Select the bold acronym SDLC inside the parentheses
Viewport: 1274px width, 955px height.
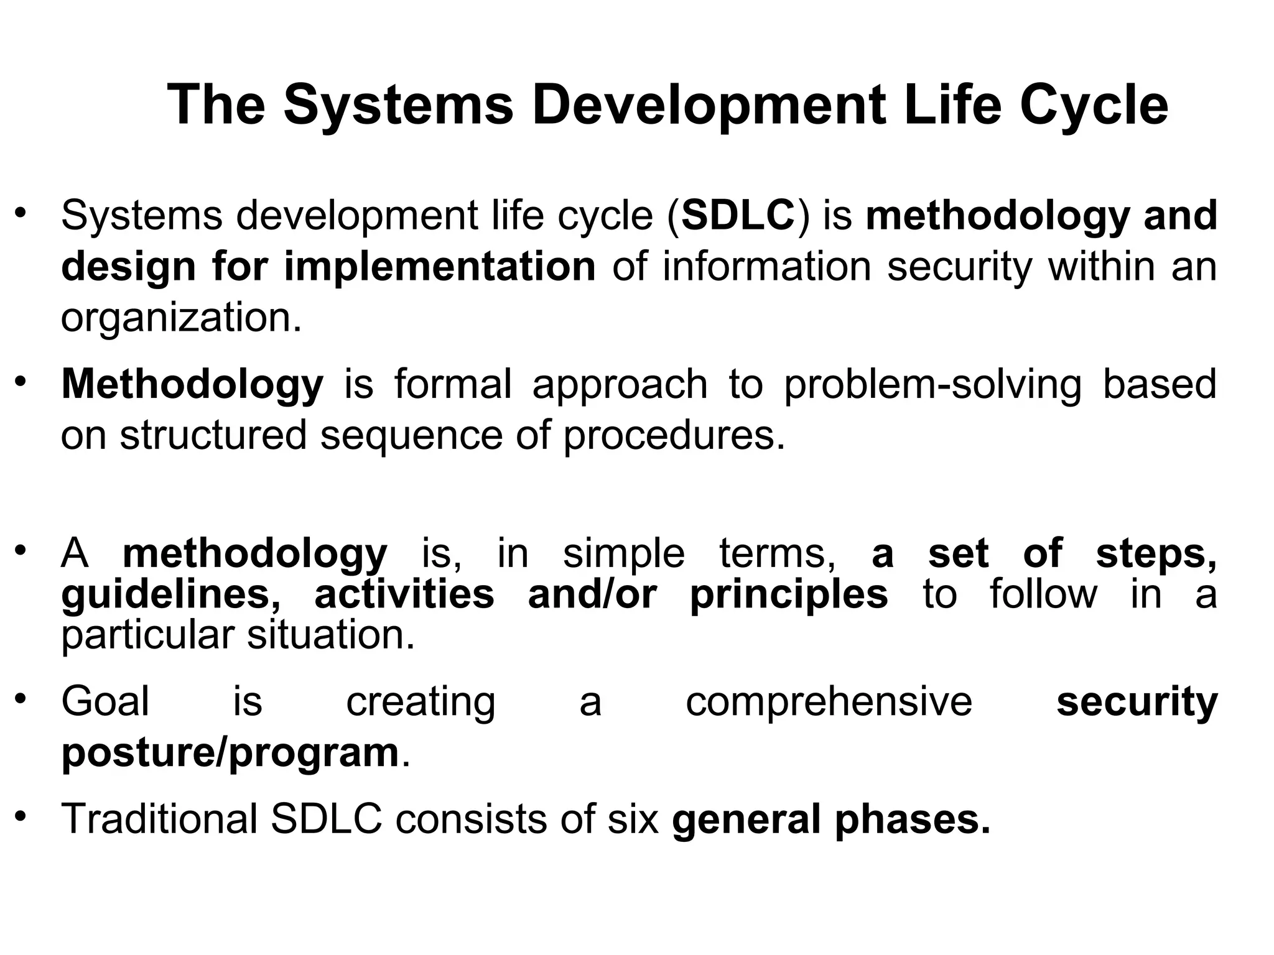pos(738,216)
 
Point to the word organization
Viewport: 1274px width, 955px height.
pos(180,318)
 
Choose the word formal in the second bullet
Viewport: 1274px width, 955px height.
pos(453,384)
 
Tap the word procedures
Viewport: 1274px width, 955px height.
pos(674,435)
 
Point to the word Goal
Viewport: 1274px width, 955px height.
pos(105,702)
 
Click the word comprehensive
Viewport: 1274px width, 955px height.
pos(829,702)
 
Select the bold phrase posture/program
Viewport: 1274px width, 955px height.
pos(230,754)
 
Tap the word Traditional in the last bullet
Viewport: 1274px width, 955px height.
pos(159,819)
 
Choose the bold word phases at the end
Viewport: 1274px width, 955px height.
pos(912,820)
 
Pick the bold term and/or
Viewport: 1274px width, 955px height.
pos(592,595)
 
